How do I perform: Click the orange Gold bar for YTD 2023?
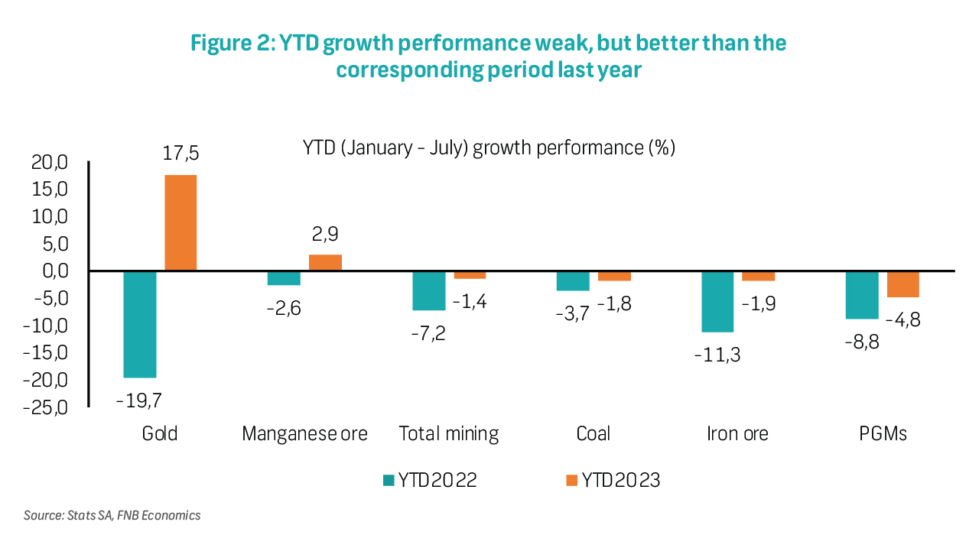[x=181, y=222]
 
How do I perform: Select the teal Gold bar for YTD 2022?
[x=140, y=324]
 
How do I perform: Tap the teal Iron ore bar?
[x=717, y=301]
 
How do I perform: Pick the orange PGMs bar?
[x=903, y=284]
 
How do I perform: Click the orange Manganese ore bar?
[x=325, y=262]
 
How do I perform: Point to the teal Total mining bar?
[x=428, y=290]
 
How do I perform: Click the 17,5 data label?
[x=181, y=153]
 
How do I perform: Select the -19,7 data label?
[x=138, y=399]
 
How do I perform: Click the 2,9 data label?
[x=324, y=233]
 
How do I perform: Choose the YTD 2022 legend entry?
[x=430, y=480]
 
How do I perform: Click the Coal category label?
[x=593, y=434]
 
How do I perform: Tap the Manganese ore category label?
[x=304, y=434]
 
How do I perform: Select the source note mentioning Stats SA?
[x=112, y=515]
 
